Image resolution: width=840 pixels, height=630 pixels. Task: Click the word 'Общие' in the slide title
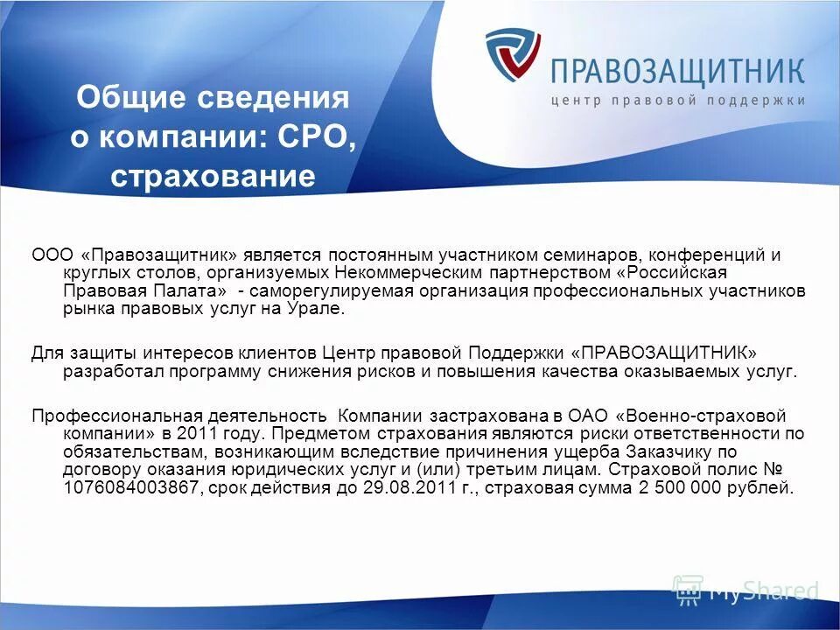pos(122,97)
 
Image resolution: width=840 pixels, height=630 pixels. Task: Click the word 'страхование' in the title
pos(213,177)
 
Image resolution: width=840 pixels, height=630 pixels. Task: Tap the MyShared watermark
pos(745,591)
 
